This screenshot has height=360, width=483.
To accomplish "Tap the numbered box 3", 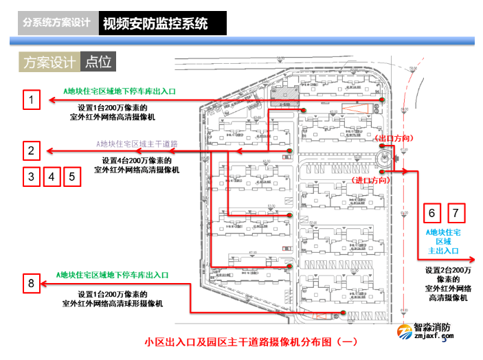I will [x=31, y=177].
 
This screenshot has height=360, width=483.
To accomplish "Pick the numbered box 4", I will [x=52, y=177].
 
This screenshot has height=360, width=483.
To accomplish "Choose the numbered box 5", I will [x=72, y=177].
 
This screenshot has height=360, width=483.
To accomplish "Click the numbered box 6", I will [x=432, y=213].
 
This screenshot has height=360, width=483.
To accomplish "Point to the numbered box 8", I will [x=31, y=282].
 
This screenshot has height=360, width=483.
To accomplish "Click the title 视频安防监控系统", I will [x=155, y=24].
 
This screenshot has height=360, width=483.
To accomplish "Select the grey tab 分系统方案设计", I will [x=56, y=23].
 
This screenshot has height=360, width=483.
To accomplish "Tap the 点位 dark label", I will [x=98, y=62].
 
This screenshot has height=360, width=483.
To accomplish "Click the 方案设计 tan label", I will [x=49, y=62].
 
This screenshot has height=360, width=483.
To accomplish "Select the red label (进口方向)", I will [x=372, y=179].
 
